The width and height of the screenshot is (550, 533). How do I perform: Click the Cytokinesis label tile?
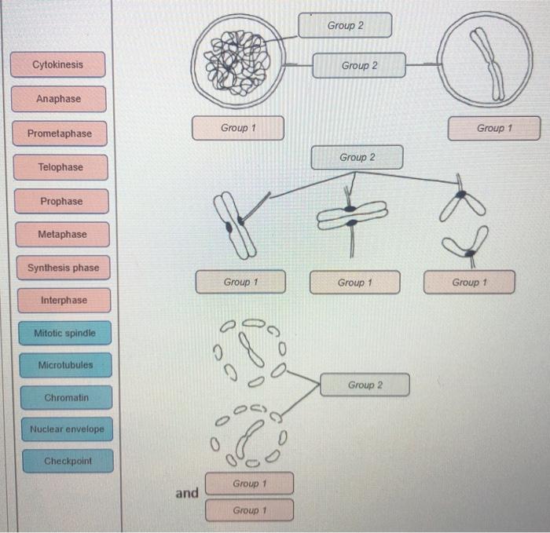pos(57,64)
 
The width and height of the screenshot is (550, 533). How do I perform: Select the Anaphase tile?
pos(57,100)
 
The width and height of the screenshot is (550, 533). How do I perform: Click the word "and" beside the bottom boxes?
pos(187,494)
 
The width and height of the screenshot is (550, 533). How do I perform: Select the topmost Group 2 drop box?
pos(344,26)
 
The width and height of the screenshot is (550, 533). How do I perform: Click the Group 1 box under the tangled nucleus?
pos(237,128)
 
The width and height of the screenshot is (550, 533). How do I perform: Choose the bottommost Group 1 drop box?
pos(249,510)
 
